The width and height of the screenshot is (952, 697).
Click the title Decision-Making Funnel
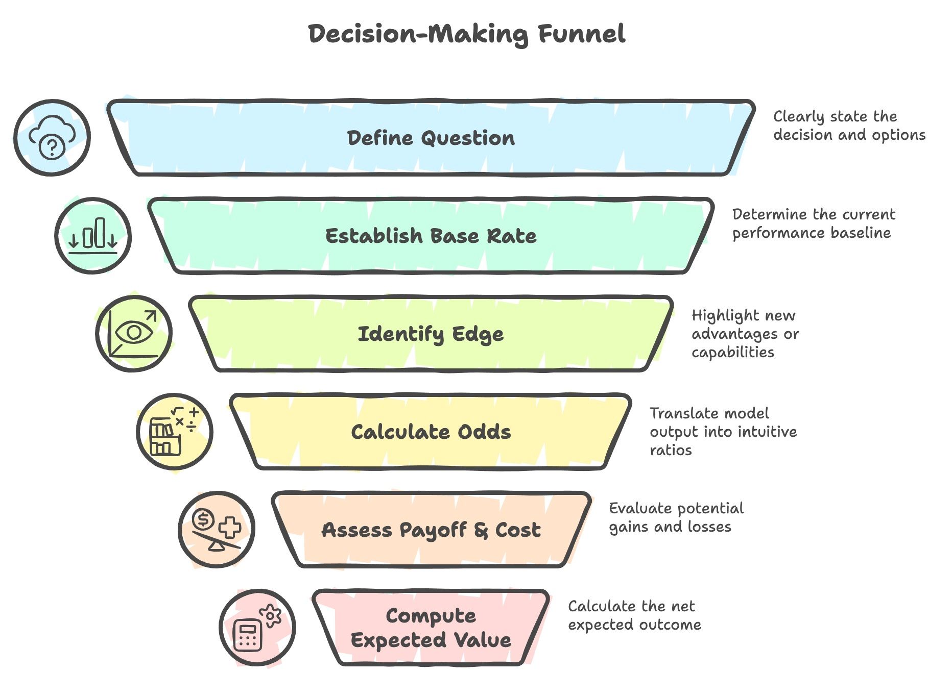466,34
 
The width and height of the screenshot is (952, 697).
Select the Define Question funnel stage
431,138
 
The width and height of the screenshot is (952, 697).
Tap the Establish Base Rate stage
431,236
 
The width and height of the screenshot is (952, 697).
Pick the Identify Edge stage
431,334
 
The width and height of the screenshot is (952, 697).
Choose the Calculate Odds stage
431,432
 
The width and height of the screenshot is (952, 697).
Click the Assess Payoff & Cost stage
431,530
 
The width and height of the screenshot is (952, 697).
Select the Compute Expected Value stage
431,628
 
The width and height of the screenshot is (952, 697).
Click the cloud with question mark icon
52,138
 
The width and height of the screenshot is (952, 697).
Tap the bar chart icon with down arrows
93,236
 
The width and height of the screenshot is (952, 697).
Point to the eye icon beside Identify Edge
134,334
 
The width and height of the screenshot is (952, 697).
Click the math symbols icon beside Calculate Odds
175,432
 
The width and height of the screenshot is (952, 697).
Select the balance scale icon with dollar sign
217,530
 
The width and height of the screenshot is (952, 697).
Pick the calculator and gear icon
257,628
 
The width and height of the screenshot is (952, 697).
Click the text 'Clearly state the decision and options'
849,126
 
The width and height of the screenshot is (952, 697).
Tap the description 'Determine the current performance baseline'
813,223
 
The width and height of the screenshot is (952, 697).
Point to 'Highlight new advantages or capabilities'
745,334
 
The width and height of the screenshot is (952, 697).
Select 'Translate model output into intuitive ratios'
723,432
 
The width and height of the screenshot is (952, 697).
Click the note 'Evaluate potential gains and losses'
676,517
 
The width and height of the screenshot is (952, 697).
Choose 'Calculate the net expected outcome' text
634,615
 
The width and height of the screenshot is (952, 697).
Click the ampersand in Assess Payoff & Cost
481,530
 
